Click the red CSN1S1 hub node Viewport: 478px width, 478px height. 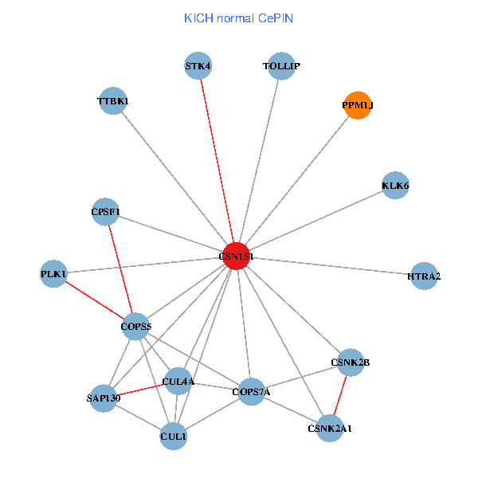pos(236,256)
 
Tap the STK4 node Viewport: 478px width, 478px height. pos(198,66)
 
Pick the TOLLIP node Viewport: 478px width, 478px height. pos(281,66)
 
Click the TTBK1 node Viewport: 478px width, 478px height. pos(113,101)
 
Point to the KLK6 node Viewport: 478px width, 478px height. pos(395,186)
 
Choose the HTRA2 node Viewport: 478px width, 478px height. pos(424,276)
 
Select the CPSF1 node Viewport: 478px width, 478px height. pos(105,212)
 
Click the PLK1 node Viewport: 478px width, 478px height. pos(53,274)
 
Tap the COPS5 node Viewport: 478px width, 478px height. pos(135,326)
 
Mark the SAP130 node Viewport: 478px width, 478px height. pos(104,398)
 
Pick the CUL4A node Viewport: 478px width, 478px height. pos(178,382)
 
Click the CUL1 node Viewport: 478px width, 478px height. pos(173,437)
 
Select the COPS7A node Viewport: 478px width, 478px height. pos(251,391)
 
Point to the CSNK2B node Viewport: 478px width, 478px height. pos(350,362)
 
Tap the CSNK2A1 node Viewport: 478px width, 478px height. pos(330,429)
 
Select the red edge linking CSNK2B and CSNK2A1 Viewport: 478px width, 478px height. pos(340,395)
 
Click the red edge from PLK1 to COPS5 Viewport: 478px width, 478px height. pos(94,300)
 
